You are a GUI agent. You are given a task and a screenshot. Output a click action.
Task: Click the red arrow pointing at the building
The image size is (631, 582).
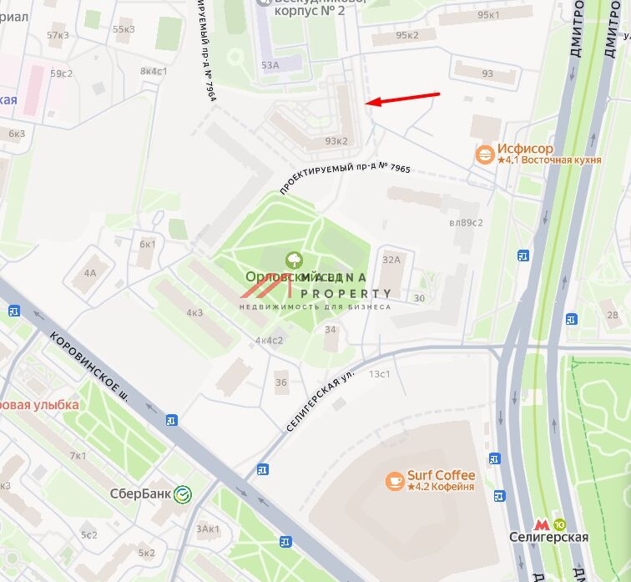pyautogui.click(x=403, y=99)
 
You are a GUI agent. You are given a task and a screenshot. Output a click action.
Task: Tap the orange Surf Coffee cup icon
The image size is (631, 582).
pyautogui.click(x=394, y=480)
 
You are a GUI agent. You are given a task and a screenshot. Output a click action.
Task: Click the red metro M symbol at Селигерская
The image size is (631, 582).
pyautogui.click(x=542, y=524)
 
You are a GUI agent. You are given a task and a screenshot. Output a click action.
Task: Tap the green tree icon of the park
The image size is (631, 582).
pyautogui.click(x=293, y=261)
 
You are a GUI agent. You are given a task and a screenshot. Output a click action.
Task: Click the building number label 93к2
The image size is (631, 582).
pyautogui.click(x=336, y=141)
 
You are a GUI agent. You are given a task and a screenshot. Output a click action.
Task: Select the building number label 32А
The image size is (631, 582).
pyautogui.click(x=391, y=260)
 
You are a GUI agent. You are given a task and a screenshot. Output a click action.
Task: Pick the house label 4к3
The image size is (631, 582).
pyautogui.click(x=194, y=313)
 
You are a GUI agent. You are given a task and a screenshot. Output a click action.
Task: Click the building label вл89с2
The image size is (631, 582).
pyautogui.click(x=467, y=222)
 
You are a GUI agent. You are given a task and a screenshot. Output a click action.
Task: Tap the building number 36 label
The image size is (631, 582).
pyautogui.click(x=280, y=382)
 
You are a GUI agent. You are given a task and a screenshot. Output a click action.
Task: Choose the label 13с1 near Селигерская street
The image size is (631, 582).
pyautogui.click(x=380, y=373)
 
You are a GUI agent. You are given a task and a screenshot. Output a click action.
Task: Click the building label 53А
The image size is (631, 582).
pyautogui.click(x=270, y=64)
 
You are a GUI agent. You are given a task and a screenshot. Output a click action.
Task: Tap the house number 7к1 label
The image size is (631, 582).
pyautogui.click(x=78, y=456)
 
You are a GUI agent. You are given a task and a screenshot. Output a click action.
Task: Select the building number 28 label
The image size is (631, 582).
pyautogui.click(x=613, y=314)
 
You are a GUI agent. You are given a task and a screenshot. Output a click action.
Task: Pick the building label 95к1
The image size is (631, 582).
pyautogui.click(x=488, y=15)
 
